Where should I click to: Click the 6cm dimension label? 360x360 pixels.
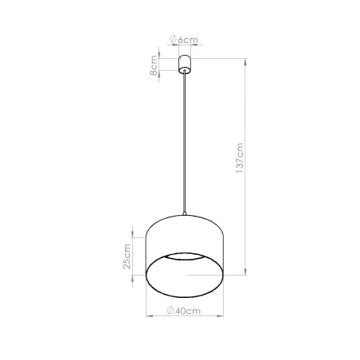pos(188,40)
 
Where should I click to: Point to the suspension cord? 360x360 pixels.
pos(184,143)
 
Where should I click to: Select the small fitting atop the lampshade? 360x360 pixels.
pos(184,213)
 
